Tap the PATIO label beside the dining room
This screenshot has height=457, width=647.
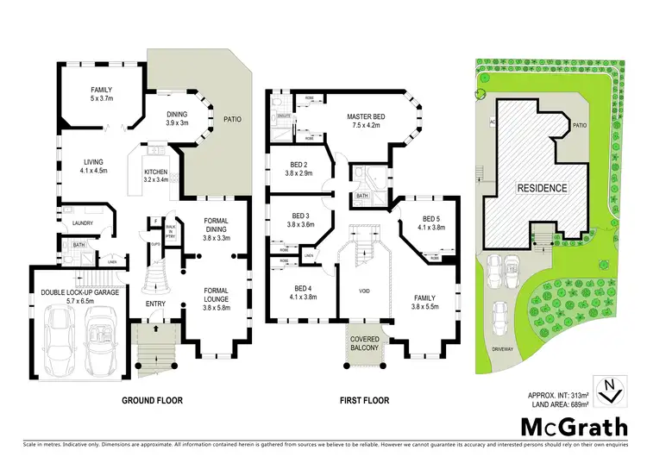tap(233, 120)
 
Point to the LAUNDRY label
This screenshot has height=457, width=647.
tap(82, 222)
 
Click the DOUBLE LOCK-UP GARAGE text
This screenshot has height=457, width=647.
tap(81, 291)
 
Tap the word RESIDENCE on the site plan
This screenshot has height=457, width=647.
tap(542, 187)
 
